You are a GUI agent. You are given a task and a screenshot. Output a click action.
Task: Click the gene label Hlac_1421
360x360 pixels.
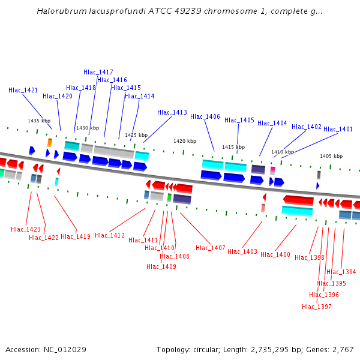(23, 90)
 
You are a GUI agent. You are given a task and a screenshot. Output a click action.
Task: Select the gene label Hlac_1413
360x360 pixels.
(172, 112)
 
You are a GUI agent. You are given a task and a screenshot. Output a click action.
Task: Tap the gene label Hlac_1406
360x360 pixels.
(205, 116)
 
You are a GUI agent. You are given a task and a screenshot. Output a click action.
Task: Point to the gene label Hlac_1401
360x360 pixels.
(338, 129)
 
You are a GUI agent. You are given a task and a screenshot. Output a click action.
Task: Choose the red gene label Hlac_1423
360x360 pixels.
(26, 229)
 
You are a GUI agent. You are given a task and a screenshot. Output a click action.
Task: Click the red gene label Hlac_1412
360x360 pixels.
(110, 235)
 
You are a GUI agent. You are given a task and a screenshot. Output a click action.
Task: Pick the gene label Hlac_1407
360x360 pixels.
(211, 248)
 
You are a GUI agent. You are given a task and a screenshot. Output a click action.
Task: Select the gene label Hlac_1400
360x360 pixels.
(275, 254)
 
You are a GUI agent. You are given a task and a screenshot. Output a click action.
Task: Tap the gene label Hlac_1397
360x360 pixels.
(317, 307)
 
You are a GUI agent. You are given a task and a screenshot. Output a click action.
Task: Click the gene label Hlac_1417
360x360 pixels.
(98, 72)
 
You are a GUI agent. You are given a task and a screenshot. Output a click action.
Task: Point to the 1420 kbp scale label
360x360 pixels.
(185, 141)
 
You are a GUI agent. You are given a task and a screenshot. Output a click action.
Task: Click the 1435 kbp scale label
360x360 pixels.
(38, 121)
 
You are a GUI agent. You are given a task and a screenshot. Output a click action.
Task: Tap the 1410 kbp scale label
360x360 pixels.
(283, 152)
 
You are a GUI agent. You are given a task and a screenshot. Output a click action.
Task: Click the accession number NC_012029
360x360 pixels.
(66, 349)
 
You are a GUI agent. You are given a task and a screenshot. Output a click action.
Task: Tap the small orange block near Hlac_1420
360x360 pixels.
(50, 142)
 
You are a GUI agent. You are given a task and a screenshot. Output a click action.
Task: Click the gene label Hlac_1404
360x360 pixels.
(272, 123)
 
